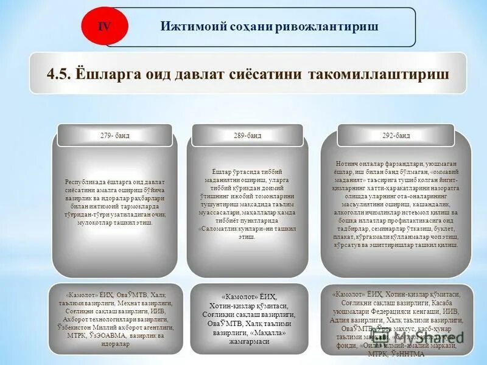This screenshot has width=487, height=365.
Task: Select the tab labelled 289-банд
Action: coord(247,135)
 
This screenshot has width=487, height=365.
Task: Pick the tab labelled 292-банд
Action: coord(396,135)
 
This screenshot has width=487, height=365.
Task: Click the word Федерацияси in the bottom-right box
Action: coord(404,310)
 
